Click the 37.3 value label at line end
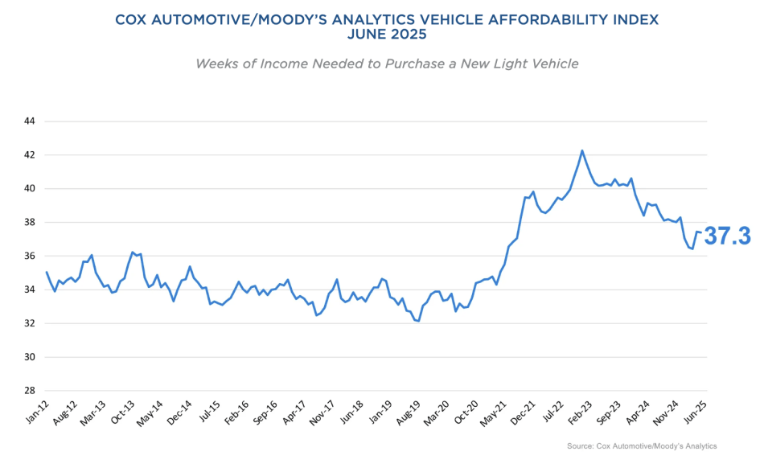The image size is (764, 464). pos(727,236)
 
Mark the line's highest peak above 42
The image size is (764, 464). pos(582,150)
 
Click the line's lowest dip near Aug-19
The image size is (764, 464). pos(419,321)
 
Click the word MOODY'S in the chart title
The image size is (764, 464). pos(294,18)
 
